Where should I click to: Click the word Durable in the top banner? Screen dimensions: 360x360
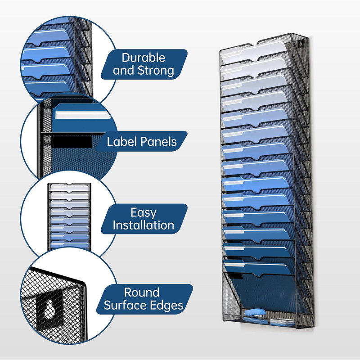143,58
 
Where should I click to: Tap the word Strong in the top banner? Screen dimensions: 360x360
156,70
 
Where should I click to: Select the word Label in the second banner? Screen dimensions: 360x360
121,141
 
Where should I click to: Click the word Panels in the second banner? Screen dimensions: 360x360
159,141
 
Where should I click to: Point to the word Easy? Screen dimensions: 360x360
144,213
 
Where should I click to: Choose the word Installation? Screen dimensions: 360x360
143,225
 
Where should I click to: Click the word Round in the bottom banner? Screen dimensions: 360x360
142,292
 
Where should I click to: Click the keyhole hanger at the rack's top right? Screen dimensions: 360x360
300,43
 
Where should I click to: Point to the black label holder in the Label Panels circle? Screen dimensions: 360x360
72,142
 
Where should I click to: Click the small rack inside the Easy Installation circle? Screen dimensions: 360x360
69,216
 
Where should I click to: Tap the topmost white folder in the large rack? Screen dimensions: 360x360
252,52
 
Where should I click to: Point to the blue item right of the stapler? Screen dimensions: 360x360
282,322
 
